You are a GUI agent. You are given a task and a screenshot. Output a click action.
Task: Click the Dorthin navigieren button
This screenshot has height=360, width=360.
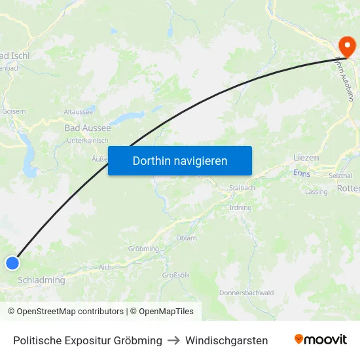(x=180, y=160)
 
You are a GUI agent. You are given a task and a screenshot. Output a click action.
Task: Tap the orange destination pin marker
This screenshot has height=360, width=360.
(x=345, y=46)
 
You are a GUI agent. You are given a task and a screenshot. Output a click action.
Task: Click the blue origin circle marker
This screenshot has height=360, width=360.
(x=12, y=263)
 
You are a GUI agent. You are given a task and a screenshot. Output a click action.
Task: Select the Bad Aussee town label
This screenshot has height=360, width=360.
(x=88, y=128)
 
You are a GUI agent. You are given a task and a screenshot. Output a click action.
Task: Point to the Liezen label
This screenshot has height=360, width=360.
(x=306, y=158)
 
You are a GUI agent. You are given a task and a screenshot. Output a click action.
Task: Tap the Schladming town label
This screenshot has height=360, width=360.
(x=42, y=280)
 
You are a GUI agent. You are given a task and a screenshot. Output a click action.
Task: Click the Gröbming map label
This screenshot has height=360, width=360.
(x=143, y=249)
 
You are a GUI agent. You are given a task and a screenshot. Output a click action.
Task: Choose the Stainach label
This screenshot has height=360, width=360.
(x=242, y=188)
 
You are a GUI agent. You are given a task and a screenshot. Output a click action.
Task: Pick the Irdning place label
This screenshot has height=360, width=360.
(x=240, y=207)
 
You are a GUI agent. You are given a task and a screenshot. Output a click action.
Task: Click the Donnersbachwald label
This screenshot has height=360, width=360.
(x=247, y=293)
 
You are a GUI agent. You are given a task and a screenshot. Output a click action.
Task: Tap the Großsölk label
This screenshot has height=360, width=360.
(x=176, y=275)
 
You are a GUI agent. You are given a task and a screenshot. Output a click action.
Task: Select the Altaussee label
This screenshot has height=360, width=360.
(x=79, y=112)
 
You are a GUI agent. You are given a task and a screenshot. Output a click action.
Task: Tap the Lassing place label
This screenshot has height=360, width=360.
(x=316, y=192)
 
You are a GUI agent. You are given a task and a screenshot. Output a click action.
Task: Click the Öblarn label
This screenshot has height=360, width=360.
(x=187, y=238)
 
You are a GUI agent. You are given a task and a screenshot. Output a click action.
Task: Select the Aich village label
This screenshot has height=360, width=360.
(x=105, y=267)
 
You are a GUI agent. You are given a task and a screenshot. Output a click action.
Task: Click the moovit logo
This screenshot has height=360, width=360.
(x=321, y=340)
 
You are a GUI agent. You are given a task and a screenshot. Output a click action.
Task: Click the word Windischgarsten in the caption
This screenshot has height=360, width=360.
(x=226, y=340)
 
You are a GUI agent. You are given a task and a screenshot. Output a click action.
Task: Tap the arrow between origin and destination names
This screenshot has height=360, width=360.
(x=173, y=340)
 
